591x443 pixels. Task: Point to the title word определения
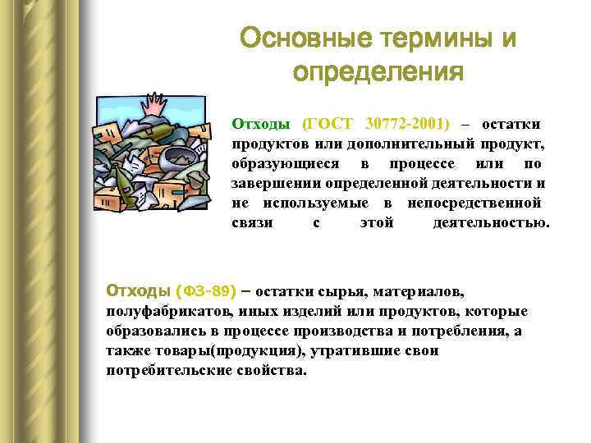click(x=378, y=73)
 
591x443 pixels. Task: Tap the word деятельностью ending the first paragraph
click(x=491, y=223)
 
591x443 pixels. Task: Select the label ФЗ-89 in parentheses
click(x=206, y=291)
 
